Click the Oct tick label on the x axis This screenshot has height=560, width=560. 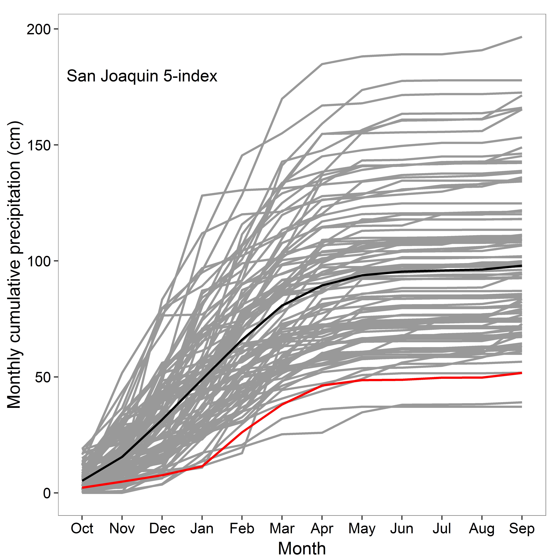pos(82,528)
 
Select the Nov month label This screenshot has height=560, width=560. pos(122,528)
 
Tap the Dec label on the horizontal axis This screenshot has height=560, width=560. pos(162,528)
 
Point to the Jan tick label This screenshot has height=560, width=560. pos(202,528)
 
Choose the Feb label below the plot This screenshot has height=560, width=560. pos(242,528)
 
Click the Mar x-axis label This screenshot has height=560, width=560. pos(282,528)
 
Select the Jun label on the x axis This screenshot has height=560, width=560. pos(402,528)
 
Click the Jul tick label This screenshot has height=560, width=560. pos(442,528)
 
